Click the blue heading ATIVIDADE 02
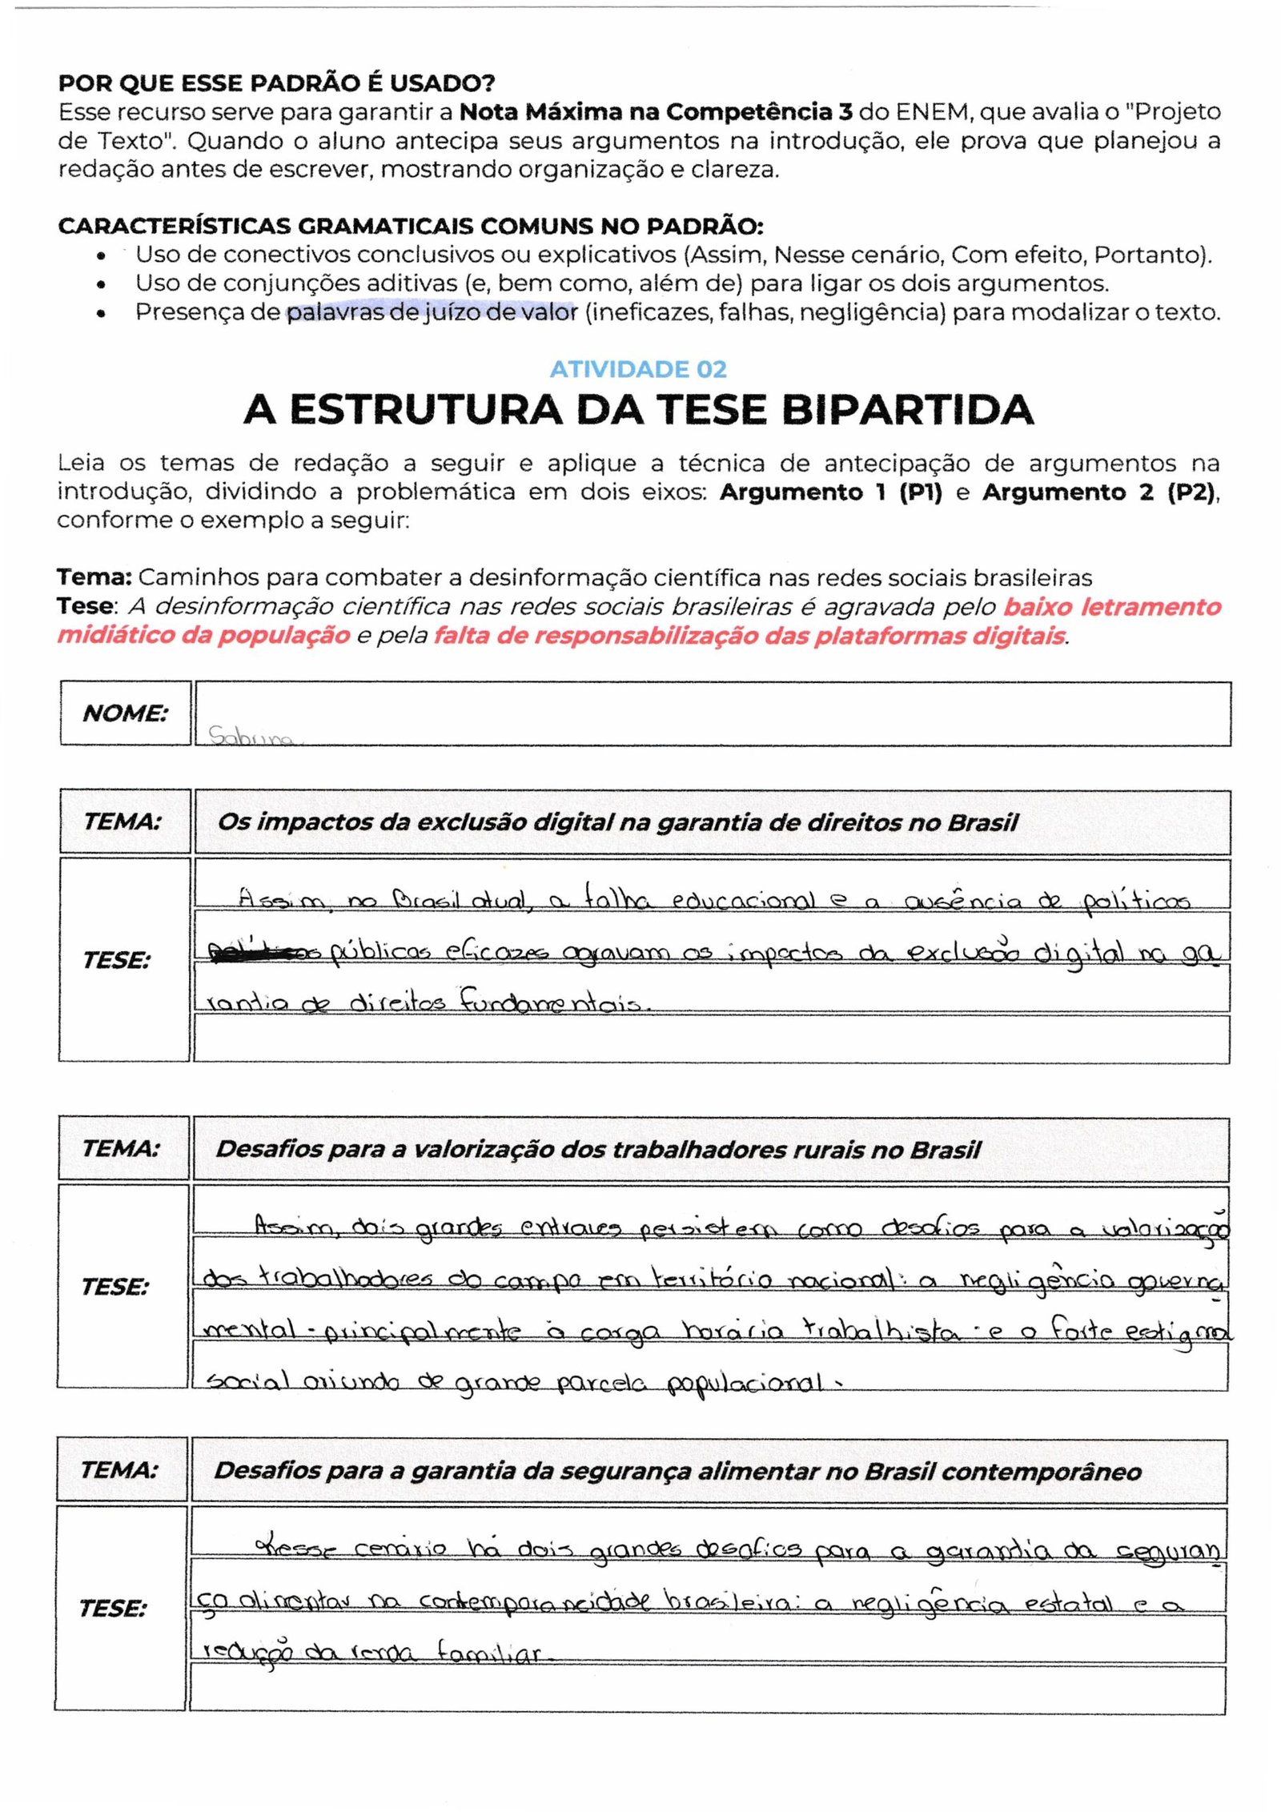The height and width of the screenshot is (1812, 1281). (x=638, y=369)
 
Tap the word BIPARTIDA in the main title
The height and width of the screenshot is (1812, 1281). (x=907, y=410)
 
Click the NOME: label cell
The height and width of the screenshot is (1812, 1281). (x=125, y=713)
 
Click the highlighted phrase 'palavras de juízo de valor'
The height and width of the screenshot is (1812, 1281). (x=432, y=312)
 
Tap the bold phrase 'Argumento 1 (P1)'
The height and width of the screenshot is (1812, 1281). (x=830, y=492)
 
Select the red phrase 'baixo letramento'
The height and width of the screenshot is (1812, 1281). (x=1112, y=606)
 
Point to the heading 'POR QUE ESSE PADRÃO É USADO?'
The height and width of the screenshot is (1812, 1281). (x=276, y=83)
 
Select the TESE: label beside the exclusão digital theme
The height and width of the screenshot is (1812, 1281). (x=117, y=959)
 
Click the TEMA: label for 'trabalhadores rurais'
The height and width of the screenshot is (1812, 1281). (x=122, y=1148)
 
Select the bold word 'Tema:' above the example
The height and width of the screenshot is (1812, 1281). (x=94, y=577)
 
